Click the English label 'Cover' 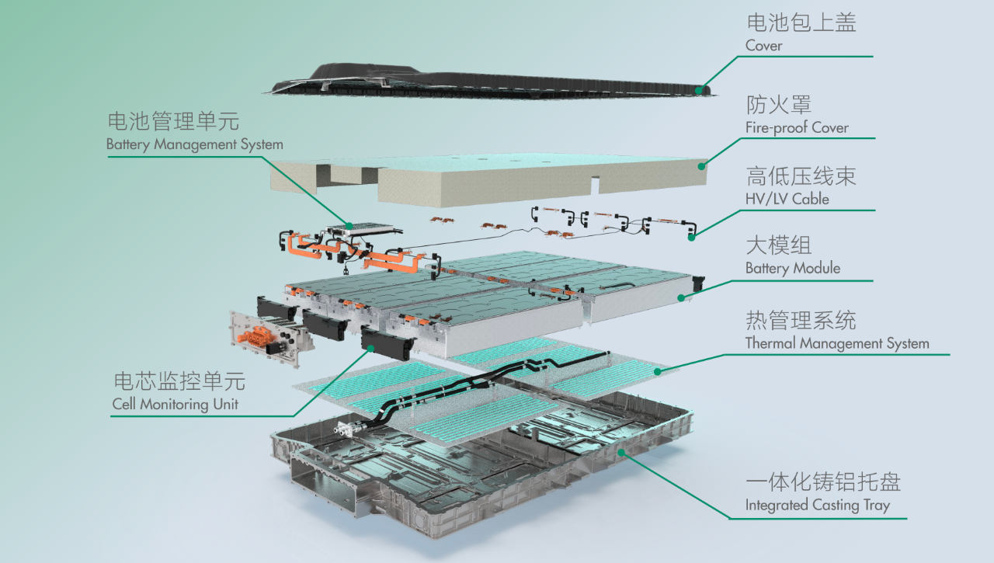(763, 46)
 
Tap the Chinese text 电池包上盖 (800, 23)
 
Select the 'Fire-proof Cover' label (797, 128)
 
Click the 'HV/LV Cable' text (787, 200)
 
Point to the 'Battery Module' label (792, 269)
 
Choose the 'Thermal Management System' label (836, 343)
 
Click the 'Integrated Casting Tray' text (817, 506)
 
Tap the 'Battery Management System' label (194, 144)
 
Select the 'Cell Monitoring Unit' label (175, 405)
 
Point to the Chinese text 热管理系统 (800, 320)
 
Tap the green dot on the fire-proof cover (702, 165)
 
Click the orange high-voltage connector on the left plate (256, 339)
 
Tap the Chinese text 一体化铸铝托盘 (822, 481)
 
